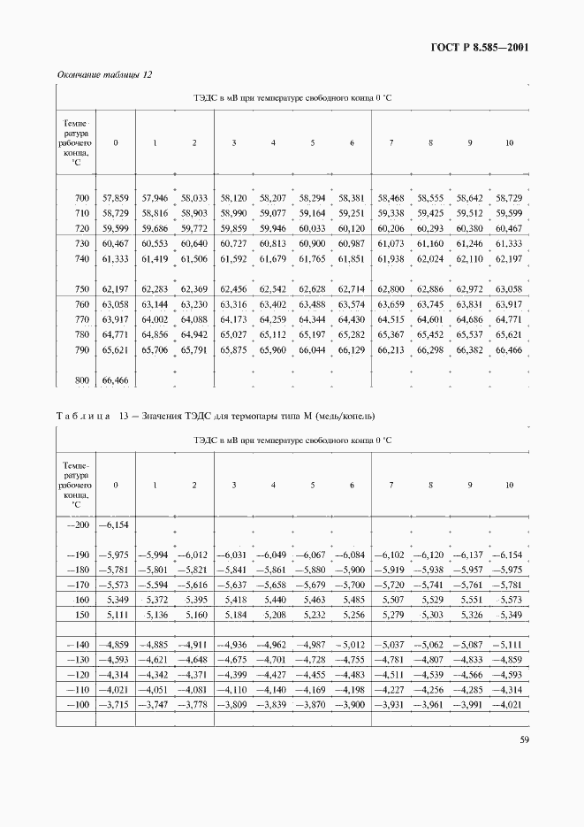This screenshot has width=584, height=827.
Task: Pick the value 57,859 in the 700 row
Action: coord(116,199)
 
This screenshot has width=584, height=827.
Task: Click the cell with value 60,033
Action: coord(312,228)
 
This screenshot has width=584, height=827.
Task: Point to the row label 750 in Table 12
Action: coord(82,289)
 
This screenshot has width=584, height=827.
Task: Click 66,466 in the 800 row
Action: coord(116,379)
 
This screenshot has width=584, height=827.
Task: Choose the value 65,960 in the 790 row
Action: coord(273,350)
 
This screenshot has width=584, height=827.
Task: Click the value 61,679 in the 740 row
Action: coord(273,258)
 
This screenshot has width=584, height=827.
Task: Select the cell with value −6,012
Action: coord(193,555)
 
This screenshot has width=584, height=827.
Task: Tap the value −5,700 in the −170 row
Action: coord(351,586)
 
